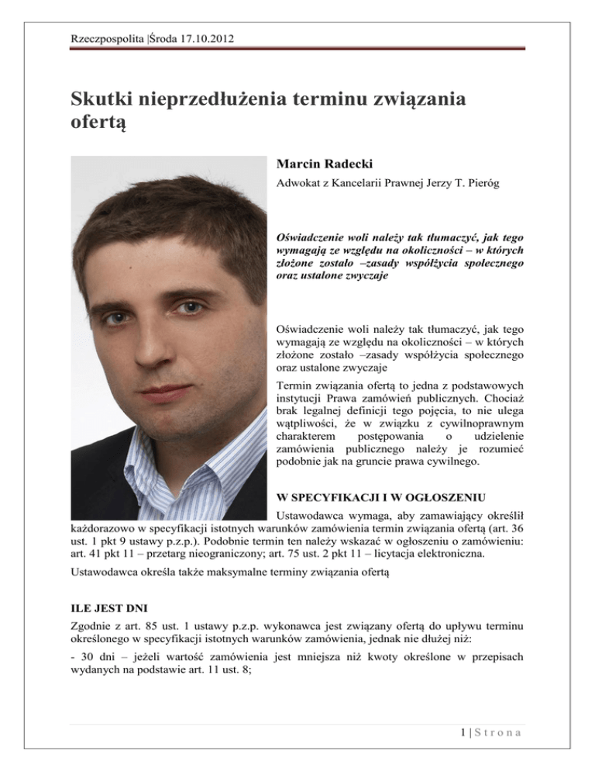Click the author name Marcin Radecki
pos(320,165)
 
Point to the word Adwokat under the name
pos(297,186)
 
